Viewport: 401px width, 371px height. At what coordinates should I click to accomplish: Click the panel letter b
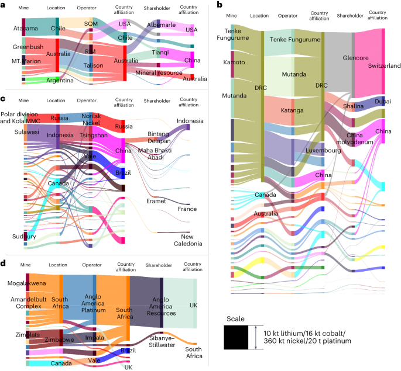click(220, 5)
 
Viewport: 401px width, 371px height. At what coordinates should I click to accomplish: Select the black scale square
click(239, 337)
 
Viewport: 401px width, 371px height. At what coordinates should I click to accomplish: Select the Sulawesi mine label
click(23, 133)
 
